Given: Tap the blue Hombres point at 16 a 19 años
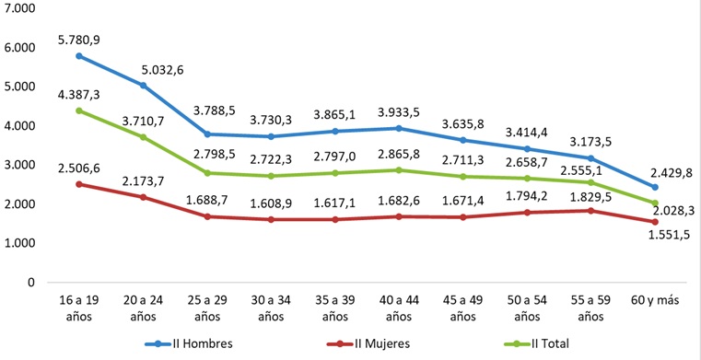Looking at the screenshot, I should [x=79, y=56].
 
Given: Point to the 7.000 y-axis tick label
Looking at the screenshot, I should [x=19, y=8].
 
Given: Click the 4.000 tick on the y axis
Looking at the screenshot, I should [x=19, y=126].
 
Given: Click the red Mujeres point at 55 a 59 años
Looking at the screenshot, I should [x=582, y=211].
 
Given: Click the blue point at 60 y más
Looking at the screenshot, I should [x=654, y=187].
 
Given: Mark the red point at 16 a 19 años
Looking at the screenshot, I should [x=79, y=184].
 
